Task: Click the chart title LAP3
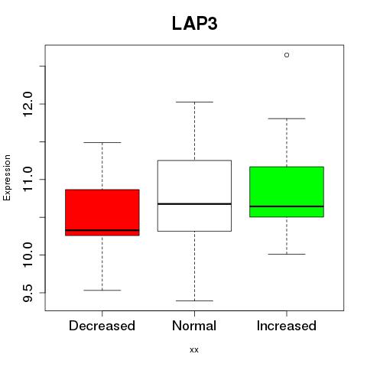click(x=195, y=24)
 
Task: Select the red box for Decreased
click(x=102, y=213)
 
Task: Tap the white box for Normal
click(x=194, y=196)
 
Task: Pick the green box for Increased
click(x=287, y=192)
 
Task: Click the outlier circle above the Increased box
click(x=287, y=55)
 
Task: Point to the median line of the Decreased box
click(x=102, y=230)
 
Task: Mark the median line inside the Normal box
click(x=194, y=204)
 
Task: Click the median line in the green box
click(x=287, y=206)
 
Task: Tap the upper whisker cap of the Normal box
click(x=194, y=102)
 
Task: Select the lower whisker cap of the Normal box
click(x=194, y=300)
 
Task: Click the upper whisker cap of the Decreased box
click(x=102, y=142)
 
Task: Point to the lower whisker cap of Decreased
click(x=102, y=290)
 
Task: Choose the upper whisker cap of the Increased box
click(x=287, y=119)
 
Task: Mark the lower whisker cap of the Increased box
click(x=287, y=254)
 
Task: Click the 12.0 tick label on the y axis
click(x=28, y=104)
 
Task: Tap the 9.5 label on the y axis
click(x=28, y=293)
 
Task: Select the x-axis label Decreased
click(x=102, y=326)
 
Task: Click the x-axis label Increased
click(x=287, y=326)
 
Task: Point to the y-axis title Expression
click(x=7, y=177)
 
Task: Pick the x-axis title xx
click(x=194, y=350)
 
